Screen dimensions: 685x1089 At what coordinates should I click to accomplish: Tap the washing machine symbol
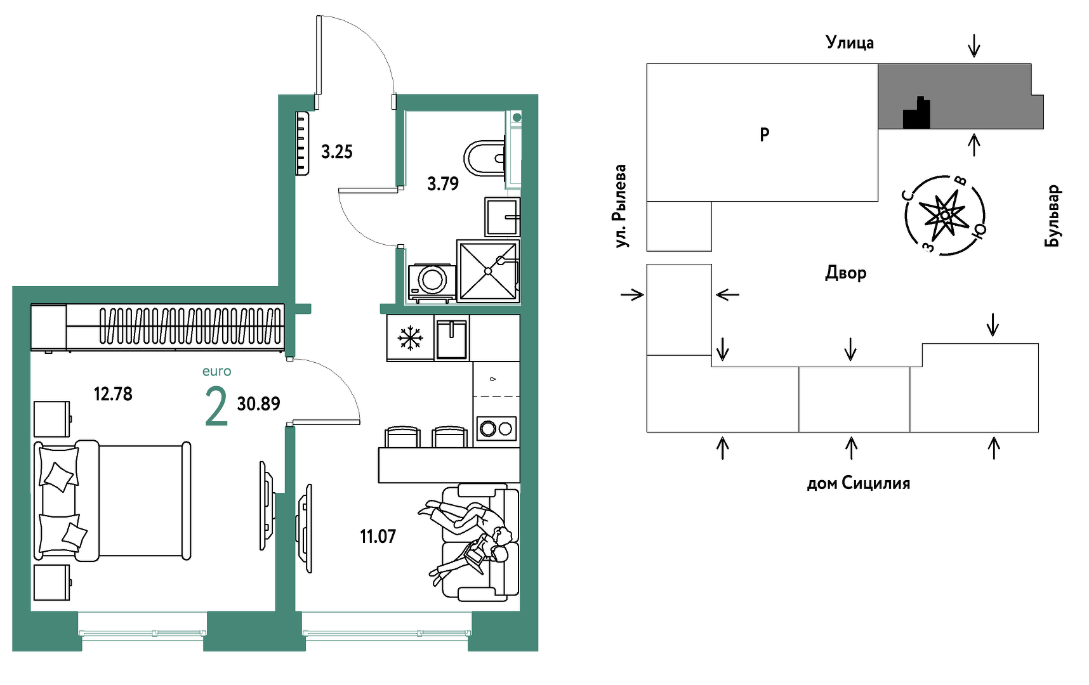point(432,280)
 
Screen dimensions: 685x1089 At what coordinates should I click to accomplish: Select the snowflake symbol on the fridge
point(410,338)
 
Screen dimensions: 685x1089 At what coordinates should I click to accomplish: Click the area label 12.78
point(113,394)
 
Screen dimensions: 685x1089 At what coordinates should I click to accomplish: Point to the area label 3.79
point(443,184)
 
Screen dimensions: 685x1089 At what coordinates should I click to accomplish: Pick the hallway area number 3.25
point(336,152)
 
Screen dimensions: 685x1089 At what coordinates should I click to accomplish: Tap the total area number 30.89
point(258,404)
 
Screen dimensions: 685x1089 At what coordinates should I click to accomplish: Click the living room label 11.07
point(378,537)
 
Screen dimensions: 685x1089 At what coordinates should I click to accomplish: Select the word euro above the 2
point(216,372)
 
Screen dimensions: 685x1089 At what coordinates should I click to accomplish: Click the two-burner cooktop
point(496,429)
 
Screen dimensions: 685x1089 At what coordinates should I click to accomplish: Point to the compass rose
point(945,216)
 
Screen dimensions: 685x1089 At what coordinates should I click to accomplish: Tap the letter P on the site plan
point(765,134)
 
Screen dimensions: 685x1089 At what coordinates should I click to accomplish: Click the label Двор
point(845,273)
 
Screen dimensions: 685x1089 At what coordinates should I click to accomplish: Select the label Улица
point(849,42)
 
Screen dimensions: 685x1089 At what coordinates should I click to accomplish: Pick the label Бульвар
point(1052,216)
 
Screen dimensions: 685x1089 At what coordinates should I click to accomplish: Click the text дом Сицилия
point(858,484)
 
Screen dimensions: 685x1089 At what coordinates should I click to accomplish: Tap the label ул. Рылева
point(620,206)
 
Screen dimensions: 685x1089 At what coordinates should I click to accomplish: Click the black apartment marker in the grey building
point(917,115)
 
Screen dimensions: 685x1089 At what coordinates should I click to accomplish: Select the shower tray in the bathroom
point(488,271)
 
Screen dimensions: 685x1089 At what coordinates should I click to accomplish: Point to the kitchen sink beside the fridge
point(452,338)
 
